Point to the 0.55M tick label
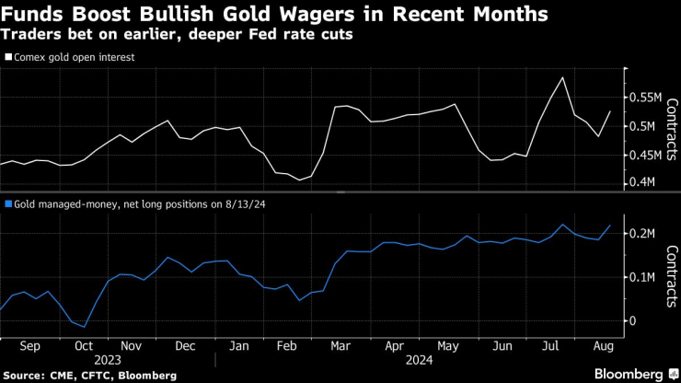coord(648,97)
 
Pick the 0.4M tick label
coord(644,183)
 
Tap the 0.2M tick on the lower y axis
coord(644,234)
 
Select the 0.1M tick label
coord(644,277)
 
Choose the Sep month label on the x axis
coord(29,346)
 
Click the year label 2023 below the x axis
coord(108,361)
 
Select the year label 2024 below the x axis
coord(421,361)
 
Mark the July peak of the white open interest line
coord(562,77)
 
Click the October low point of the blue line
coord(85,327)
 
